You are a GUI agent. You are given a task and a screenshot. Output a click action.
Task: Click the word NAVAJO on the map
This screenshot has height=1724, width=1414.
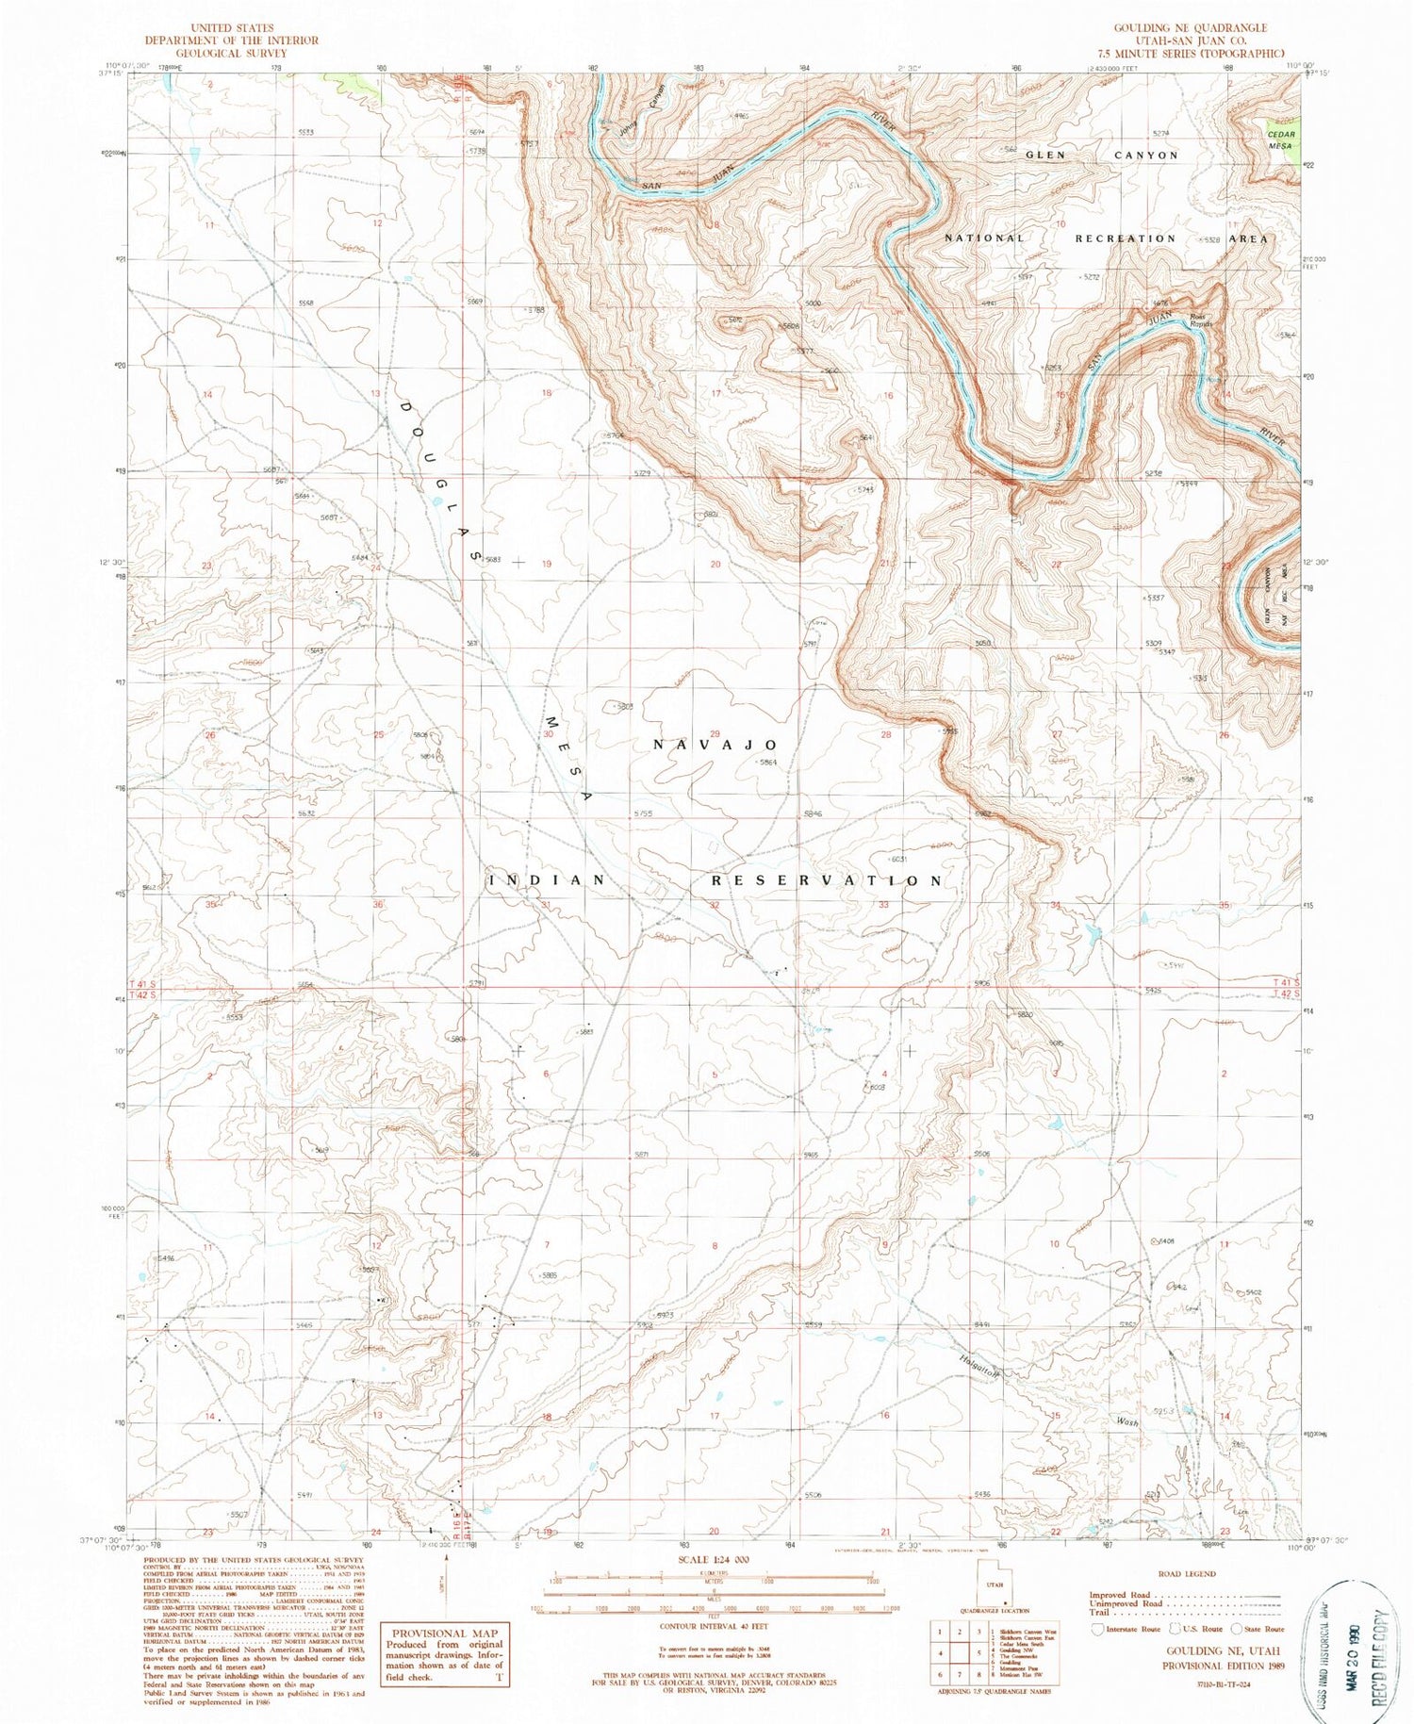pos(715,745)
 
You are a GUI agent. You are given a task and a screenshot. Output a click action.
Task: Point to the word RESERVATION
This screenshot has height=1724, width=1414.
pos(826,880)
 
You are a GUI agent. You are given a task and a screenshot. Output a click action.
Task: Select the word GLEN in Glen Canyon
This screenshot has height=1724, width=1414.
pos(1044,155)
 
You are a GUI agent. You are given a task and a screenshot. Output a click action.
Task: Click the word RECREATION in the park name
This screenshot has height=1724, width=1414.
pos(1126,238)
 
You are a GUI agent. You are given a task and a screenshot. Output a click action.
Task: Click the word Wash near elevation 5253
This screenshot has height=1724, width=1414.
pos(1127,1422)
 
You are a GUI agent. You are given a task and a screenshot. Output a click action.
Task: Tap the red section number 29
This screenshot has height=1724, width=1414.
pos(715,733)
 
